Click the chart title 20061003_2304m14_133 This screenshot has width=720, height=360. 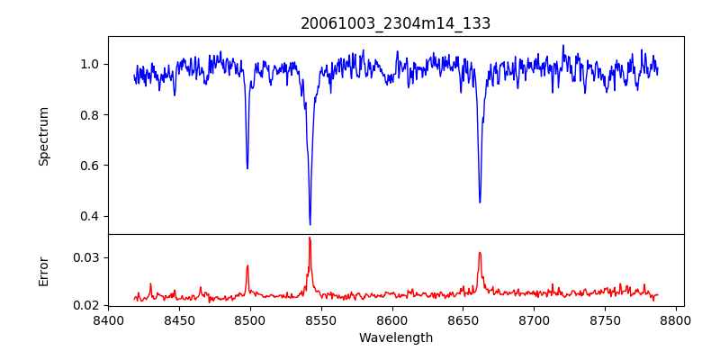(x=395, y=23)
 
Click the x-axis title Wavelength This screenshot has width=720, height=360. (x=395, y=337)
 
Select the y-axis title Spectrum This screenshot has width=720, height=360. (x=44, y=136)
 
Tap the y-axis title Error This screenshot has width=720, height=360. (x=44, y=270)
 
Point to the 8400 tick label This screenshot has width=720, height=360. (x=108, y=319)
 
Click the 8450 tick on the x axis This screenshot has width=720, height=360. (x=179, y=319)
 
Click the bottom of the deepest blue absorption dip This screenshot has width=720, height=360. (x=310, y=224)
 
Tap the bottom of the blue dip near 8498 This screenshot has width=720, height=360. (x=247, y=168)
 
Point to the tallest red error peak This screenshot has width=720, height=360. (x=310, y=238)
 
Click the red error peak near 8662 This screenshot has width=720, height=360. (x=480, y=253)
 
